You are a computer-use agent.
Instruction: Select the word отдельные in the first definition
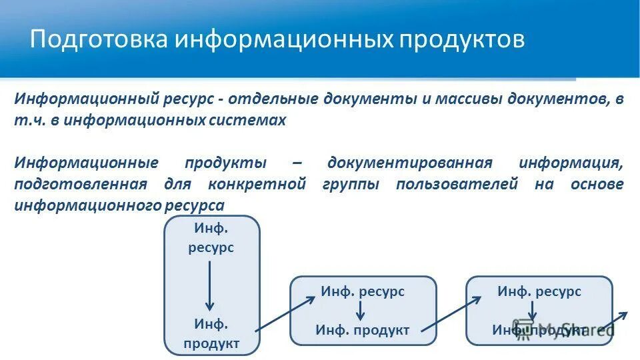272,99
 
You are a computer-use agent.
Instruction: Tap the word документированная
410,163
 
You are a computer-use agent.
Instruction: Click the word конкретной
257,184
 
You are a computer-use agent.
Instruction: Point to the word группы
351,184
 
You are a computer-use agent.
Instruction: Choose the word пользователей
457,184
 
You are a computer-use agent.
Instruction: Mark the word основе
597,184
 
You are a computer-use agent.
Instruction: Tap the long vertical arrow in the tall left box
210,285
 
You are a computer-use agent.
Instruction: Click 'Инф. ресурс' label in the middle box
363,291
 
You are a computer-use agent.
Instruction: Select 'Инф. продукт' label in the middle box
363,330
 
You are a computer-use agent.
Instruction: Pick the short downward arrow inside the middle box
361,310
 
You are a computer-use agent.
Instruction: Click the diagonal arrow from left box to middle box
285,313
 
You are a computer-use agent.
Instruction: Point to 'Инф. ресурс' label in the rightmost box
539,291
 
